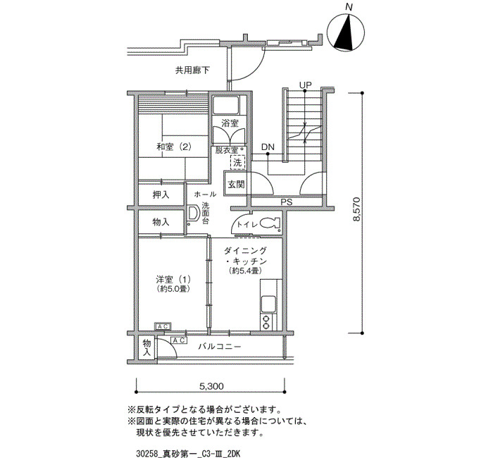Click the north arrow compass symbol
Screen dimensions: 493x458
click(346, 32)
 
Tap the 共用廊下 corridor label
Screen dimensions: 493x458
click(192, 70)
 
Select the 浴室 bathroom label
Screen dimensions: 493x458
click(230, 123)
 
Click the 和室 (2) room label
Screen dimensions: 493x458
click(174, 147)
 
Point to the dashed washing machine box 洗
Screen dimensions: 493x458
click(237, 162)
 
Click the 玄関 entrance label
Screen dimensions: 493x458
click(236, 184)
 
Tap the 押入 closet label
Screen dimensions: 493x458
click(161, 194)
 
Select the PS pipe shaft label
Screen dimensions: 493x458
click(287, 202)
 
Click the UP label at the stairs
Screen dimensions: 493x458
click(305, 85)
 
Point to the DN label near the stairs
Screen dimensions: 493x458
click(268, 147)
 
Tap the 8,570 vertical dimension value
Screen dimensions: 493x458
click(356, 209)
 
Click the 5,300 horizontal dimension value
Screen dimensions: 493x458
click(211, 386)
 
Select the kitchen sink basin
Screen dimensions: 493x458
click(269, 304)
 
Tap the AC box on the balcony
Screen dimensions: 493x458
click(179, 340)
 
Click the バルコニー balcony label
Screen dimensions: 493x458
click(220, 347)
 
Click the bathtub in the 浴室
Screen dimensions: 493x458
click(226, 106)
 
